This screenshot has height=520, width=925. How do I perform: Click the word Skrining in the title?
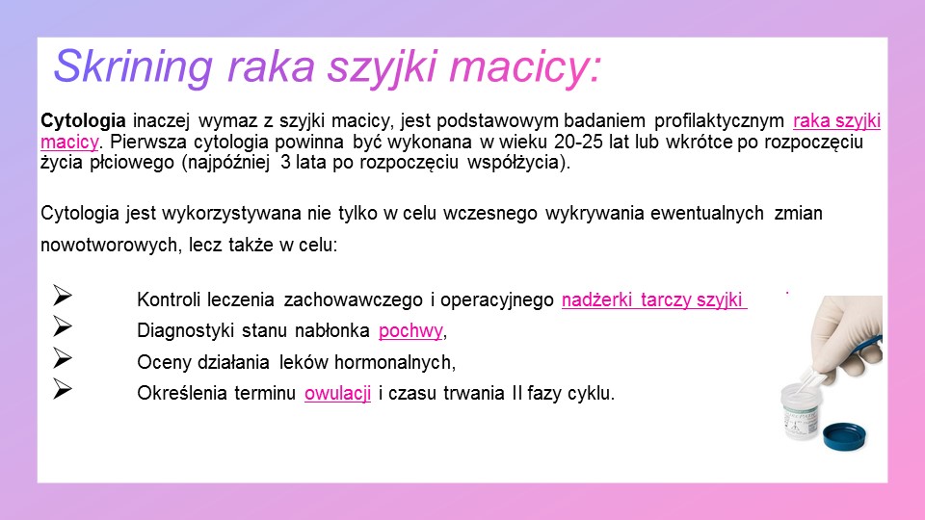point(133,66)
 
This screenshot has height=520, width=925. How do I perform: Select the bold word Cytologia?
point(83,122)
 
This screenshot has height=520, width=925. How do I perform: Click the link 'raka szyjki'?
point(836,121)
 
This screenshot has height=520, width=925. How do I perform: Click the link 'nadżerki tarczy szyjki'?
point(652,300)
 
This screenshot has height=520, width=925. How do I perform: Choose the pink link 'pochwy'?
point(410,330)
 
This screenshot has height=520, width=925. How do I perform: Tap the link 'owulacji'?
point(337,393)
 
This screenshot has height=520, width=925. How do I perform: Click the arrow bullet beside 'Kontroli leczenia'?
point(62,296)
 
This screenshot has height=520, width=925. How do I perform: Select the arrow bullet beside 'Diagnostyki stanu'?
point(62,326)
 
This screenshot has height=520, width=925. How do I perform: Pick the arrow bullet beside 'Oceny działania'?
point(62,358)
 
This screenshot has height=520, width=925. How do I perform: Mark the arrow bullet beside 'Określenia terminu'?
point(62,388)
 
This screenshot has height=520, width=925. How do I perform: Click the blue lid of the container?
point(844,436)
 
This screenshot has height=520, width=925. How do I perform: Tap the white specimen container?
point(800,411)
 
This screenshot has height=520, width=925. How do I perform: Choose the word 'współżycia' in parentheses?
point(513,163)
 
